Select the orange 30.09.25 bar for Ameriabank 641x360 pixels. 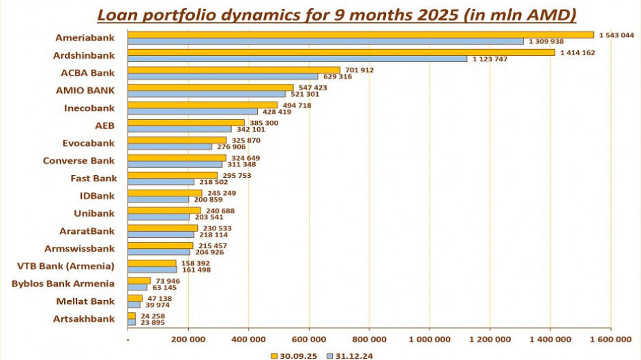[361, 35]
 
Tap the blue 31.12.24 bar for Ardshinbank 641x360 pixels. [297, 59]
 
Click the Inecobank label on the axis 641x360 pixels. [89, 108]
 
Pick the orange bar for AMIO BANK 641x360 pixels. [211, 87]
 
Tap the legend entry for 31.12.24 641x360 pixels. [349, 355]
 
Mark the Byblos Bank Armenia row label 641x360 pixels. [63, 284]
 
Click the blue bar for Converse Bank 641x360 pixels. [175, 164]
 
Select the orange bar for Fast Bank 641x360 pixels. [173, 175]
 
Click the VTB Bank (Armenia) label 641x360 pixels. [65, 266]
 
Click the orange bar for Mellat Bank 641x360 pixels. [135, 298]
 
